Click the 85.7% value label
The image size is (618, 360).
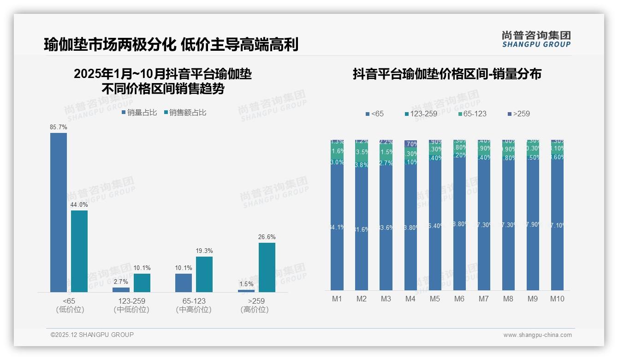[x=59, y=127]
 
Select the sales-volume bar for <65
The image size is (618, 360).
[x=59, y=212]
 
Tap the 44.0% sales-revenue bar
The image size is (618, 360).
[x=79, y=251]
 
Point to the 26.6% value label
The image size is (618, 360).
[x=267, y=237]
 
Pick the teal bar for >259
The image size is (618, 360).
[x=267, y=267]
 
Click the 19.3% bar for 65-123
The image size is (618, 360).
[x=204, y=274]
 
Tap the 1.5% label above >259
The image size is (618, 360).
[x=246, y=284]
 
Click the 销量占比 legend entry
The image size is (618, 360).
[x=139, y=112]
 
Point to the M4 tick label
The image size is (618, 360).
[x=410, y=299]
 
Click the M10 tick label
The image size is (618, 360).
[x=557, y=299]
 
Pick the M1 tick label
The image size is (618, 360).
[x=337, y=299]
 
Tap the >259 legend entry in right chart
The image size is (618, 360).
[x=518, y=114]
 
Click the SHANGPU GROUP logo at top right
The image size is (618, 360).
[x=536, y=39]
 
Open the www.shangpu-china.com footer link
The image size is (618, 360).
[x=537, y=335]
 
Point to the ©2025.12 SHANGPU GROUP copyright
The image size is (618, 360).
[x=92, y=335]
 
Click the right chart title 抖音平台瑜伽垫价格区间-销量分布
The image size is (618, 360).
[x=447, y=74]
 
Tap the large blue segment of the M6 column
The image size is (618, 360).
[x=459, y=226]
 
